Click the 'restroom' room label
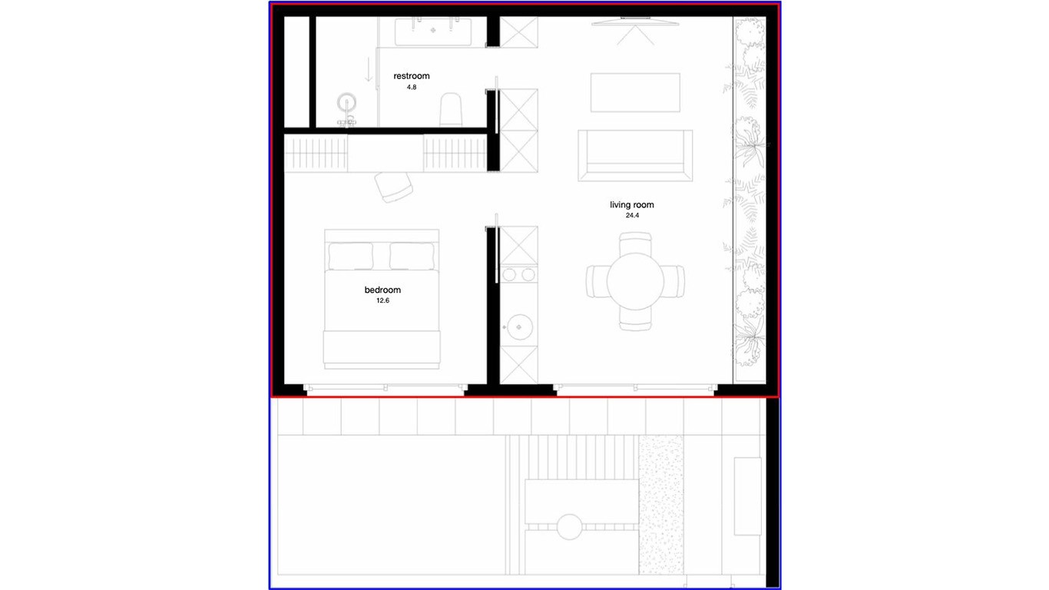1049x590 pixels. pos(411,76)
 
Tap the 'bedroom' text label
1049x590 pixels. pos(382,290)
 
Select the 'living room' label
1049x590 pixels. pos(632,205)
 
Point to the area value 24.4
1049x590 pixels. pos(632,216)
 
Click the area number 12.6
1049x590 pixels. pos(382,301)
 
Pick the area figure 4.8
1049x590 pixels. pos(412,87)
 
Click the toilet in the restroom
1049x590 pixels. pos(451,110)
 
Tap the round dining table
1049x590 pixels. pos(635,282)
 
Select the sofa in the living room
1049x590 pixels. pos(635,156)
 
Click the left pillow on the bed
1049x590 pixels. pos(351,256)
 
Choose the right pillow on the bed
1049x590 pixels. pos(412,256)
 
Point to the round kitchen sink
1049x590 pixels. pos(519,326)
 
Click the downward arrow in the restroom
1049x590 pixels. pos(369,69)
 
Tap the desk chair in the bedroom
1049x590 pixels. pos(394,187)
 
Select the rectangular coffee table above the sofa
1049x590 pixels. pos(635,93)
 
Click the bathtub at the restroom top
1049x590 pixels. pos(433,31)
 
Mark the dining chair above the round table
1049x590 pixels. pos(635,244)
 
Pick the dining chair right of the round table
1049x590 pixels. pos(674,282)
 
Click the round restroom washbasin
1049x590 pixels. pos(346,103)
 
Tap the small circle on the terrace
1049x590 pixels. pos(570,527)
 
